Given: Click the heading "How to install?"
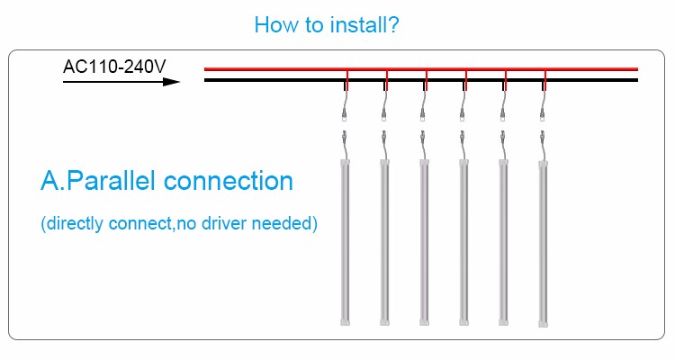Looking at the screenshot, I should (327, 24).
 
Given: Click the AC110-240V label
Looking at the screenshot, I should (113, 67).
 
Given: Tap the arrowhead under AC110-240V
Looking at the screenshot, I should (171, 82).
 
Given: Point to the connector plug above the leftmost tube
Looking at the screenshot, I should (345, 139).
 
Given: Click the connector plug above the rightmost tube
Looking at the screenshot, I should (543, 139).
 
